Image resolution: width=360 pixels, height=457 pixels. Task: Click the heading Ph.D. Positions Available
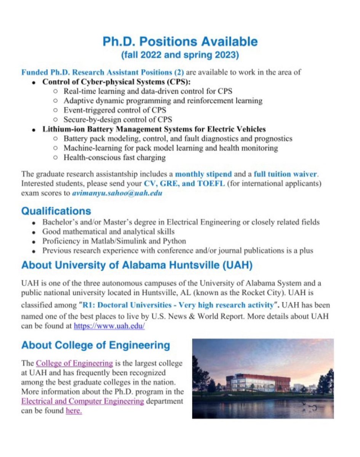tap(180, 42)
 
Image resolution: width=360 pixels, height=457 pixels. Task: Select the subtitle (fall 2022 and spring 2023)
tap(180, 55)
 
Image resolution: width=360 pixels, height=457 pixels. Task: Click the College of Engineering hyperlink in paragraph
tap(74, 363)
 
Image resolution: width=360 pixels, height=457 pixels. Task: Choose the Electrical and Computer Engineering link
tap(83, 401)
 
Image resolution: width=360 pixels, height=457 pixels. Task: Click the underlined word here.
tap(74, 411)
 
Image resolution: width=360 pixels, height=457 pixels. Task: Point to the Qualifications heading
tap(56, 211)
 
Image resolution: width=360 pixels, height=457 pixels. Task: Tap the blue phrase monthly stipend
tap(203, 174)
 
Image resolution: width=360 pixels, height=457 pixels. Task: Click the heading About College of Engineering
tap(96, 345)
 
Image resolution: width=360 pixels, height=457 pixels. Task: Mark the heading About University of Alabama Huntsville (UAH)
tap(137, 265)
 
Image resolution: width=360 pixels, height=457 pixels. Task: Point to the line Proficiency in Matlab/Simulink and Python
tap(114, 241)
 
